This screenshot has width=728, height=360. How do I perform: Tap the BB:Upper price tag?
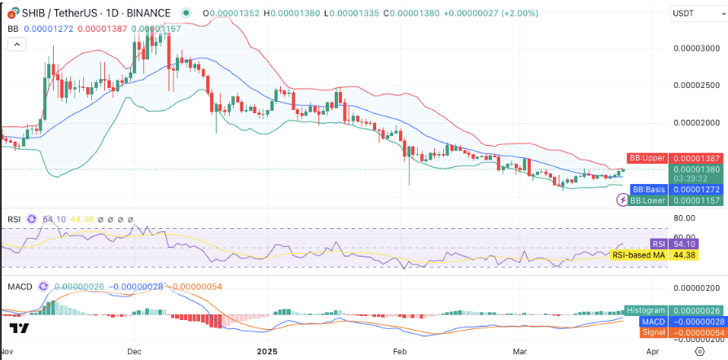coord(647,158)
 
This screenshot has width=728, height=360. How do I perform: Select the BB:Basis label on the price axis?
coord(648,190)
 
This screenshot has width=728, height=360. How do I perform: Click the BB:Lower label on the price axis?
coord(648,200)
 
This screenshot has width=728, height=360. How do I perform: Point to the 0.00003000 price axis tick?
coord(695,48)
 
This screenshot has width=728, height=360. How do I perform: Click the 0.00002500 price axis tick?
coord(695,86)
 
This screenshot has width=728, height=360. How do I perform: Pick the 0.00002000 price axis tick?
coord(695,123)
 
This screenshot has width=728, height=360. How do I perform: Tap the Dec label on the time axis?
coord(134,351)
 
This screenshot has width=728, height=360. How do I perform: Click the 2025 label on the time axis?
coord(267,351)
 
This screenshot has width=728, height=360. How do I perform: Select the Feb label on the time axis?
coord(400,351)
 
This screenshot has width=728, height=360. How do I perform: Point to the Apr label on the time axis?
coord(653,351)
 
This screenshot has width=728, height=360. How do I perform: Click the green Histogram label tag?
coord(646,310)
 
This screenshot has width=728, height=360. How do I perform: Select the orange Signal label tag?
coord(654,332)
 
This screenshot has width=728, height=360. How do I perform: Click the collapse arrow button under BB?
coord(17,45)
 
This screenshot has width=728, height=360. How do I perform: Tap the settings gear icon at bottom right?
coord(700,351)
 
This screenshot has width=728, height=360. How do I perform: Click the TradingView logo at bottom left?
coord(20,328)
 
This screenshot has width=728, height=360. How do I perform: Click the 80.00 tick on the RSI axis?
coord(683,218)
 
